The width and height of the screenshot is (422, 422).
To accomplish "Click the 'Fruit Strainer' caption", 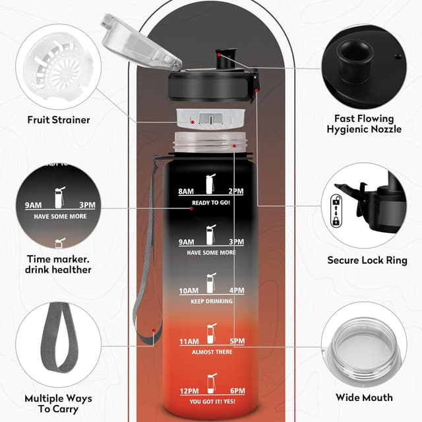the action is tap(59, 120).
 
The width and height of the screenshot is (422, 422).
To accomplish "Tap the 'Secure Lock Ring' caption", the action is tap(367, 260).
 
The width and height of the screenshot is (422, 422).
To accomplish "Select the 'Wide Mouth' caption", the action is tap(364, 398).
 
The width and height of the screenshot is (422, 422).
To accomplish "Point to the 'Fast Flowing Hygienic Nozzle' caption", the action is tap(364, 124).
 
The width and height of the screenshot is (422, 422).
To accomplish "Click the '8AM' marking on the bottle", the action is tap(186, 191).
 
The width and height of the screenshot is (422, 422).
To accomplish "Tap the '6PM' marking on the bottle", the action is tap(237, 391).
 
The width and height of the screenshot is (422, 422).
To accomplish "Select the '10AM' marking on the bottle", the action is tap(189, 291).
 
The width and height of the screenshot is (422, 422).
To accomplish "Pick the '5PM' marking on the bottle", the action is tap(237, 341).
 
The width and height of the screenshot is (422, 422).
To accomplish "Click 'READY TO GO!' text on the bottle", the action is tap(211, 202).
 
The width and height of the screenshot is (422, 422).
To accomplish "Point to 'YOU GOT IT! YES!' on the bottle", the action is tap(212, 402).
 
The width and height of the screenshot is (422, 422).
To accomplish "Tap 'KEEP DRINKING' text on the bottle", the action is tap(212, 301).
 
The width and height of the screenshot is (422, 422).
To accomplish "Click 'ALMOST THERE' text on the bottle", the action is tap(212, 352).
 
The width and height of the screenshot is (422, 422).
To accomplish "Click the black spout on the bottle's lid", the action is tap(226, 59).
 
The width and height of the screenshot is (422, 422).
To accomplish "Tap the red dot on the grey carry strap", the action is tap(154, 330).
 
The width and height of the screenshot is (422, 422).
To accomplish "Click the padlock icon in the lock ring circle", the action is tap(336, 211).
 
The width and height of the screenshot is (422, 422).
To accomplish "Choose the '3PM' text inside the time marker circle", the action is tap(87, 205).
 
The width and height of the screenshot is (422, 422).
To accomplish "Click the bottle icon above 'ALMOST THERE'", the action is tap(212, 334).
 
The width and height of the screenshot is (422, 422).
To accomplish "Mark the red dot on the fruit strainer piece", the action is tap(193, 122).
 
